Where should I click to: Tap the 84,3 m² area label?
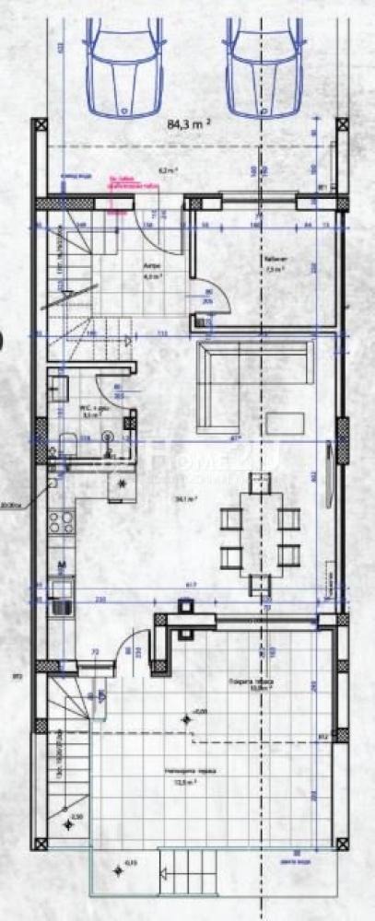[190, 122]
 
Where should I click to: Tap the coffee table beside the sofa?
[288, 422]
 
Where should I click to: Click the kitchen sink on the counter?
[60, 602]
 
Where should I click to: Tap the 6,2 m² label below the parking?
[168, 170]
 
